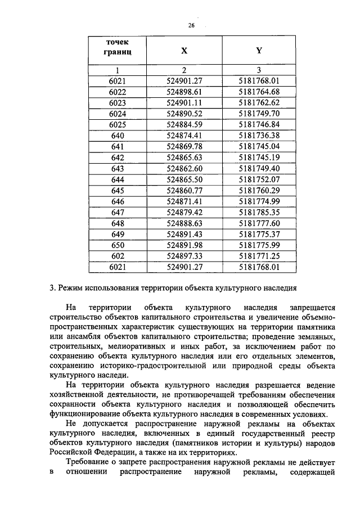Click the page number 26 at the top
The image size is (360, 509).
191,25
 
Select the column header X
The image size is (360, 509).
184,50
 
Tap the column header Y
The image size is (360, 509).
259,50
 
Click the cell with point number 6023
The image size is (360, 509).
118,102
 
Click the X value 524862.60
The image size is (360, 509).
184,168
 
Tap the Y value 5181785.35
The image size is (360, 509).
259,212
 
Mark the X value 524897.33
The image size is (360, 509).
184,256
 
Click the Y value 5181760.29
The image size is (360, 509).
259,190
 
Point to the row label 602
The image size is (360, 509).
118,256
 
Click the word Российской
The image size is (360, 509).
70,452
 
